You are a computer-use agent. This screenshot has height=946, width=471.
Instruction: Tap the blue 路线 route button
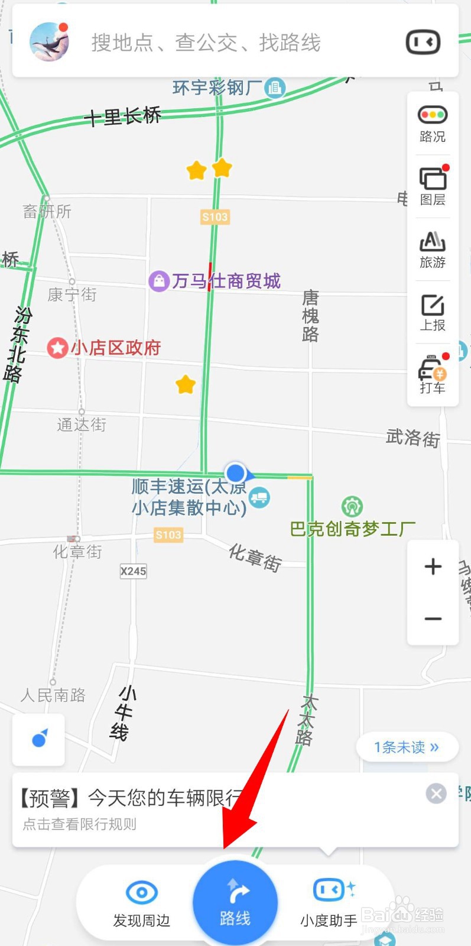click(x=235, y=902)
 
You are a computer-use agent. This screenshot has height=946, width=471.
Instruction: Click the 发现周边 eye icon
click(x=142, y=892)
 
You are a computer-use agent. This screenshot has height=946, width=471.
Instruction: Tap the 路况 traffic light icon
click(x=433, y=115)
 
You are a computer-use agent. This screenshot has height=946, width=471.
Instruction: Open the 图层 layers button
click(x=433, y=179)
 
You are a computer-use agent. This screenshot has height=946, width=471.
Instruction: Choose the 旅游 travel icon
click(x=433, y=241)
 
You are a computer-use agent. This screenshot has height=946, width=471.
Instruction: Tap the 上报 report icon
click(x=433, y=305)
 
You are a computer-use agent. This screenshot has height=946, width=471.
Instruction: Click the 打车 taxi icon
click(x=433, y=369)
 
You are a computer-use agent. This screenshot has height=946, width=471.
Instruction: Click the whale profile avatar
click(x=50, y=42)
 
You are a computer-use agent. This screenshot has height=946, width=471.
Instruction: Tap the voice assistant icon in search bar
click(x=423, y=42)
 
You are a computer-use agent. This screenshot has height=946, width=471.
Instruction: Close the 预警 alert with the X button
click(x=436, y=793)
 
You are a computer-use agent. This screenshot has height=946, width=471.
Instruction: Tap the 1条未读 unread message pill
click(x=407, y=747)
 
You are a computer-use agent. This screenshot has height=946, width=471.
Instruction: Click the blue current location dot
click(x=236, y=473)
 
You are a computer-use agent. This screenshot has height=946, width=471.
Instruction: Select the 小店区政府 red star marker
click(x=57, y=348)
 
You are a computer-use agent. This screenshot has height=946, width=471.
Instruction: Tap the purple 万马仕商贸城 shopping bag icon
click(x=159, y=281)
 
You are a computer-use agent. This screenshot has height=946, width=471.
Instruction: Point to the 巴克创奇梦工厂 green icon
click(x=352, y=507)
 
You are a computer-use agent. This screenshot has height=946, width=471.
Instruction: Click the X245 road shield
click(x=133, y=571)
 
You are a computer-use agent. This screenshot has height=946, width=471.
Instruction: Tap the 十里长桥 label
click(x=123, y=116)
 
